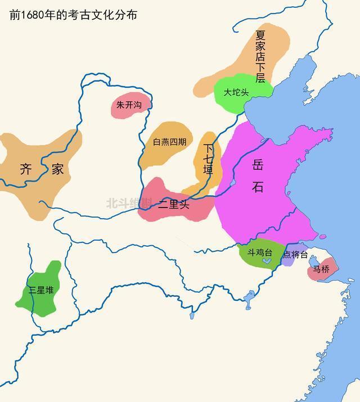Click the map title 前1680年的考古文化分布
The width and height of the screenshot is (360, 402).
tap(73, 14)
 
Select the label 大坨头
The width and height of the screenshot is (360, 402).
tap(236, 92)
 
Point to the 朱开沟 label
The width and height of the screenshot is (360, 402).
tap(129, 105)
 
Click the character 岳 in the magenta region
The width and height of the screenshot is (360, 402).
tap(258, 164)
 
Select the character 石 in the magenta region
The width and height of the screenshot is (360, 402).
tap(258, 187)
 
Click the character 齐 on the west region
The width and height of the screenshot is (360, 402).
tap(26, 169)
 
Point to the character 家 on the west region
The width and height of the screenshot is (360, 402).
tap(57, 169)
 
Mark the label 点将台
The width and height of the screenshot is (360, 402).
tap(295, 255)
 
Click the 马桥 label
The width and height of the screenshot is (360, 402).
tap(321, 269)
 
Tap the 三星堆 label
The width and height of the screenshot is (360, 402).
tap(42, 290)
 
